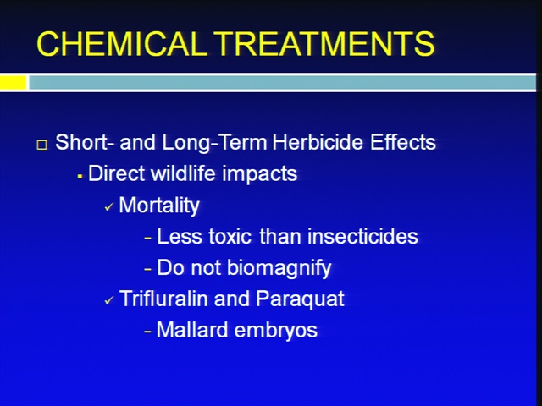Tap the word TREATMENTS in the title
[325, 43]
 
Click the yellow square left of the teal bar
[14, 83]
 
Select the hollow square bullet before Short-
[41, 145]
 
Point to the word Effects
[403, 142]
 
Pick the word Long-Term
[214, 143]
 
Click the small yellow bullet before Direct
[80, 177]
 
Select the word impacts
[259, 173]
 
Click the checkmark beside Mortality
[109, 207]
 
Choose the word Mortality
[159, 206]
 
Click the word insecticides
[362, 236]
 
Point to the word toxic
[230, 237]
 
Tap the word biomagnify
[279, 268]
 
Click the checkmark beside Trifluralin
[109, 300]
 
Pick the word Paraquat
[300, 299]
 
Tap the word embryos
[276, 331]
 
